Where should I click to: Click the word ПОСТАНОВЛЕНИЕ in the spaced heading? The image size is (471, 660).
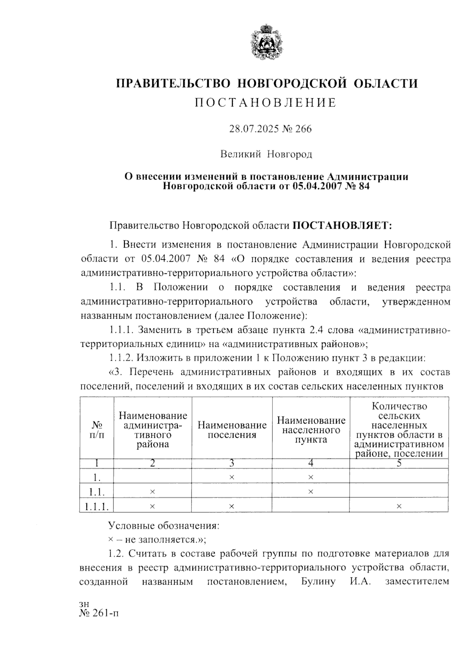[266, 103]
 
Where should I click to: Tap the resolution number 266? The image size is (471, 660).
[303, 129]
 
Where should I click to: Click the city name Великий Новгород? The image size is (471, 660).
[266, 154]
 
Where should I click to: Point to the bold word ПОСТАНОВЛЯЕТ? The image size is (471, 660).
[343, 225]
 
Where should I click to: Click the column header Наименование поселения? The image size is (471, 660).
[232, 430]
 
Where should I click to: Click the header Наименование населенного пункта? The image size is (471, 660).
[311, 430]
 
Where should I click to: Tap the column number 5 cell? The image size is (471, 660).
[399, 463]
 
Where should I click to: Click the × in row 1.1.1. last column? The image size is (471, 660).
[399, 507]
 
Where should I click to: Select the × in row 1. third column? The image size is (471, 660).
[232, 477]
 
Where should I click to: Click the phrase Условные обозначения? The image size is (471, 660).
[164, 526]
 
